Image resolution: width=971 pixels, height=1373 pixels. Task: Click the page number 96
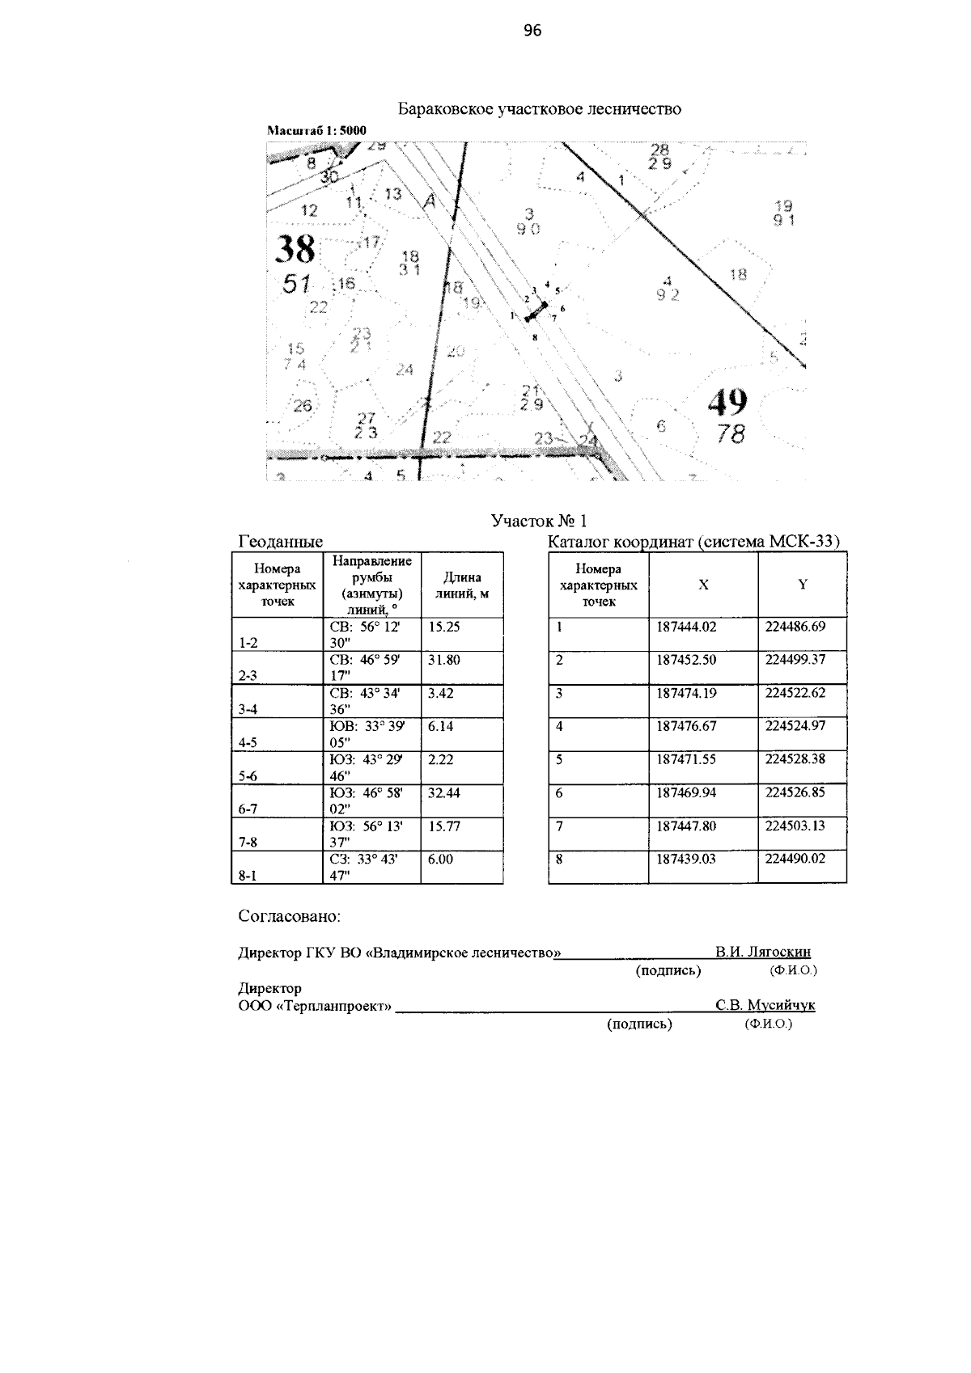[532, 32]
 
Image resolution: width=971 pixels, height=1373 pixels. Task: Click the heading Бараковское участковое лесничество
[539, 109]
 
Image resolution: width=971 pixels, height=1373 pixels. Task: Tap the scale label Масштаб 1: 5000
[316, 129]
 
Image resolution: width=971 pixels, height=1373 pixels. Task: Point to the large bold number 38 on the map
[295, 250]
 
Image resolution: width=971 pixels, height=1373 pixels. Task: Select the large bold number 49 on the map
[727, 402]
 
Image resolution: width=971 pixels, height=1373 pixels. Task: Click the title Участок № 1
[539, 521]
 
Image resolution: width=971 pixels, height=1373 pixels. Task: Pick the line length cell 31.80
[444, 660]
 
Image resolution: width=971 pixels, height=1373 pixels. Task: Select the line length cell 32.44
[444, 793]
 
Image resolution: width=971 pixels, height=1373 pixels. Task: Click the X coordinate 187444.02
[686, 627]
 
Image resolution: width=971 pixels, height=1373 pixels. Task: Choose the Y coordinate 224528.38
[795, 759]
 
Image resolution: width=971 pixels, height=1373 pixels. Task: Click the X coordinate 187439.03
[686, 859]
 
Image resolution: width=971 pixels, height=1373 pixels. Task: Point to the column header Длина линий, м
[462, 585]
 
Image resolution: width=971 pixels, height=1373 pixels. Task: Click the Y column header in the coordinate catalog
[802, 585]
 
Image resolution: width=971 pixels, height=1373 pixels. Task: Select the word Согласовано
[289, 917]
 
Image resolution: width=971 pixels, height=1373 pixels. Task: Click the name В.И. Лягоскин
[763, 953]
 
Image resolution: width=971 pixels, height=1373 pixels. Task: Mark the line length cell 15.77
[444, 826]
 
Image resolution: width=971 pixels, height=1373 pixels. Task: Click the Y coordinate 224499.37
[795, 660]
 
